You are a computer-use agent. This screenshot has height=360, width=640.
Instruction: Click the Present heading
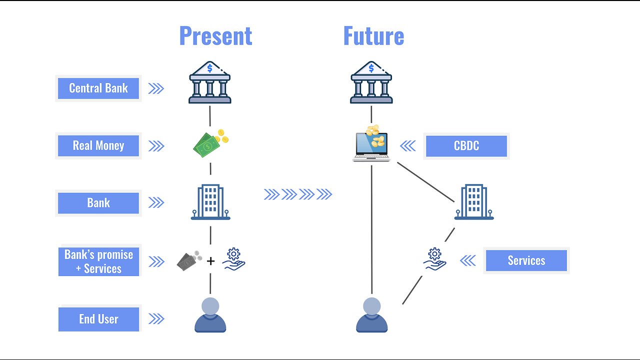[x=215, y=36]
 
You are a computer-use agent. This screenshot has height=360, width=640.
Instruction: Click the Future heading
[x=373, y=36]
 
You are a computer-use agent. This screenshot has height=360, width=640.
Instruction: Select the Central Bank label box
[x=98, y=88]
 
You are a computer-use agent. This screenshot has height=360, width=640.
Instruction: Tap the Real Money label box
[x=98, y=145]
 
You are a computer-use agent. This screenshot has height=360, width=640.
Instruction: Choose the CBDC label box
[x=466, y=146]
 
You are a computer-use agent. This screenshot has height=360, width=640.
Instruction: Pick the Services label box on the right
[x=526, y=260]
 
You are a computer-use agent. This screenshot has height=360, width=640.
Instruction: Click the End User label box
[x=98, y=319]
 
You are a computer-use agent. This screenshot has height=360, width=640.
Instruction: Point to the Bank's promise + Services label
[x=98, y=261]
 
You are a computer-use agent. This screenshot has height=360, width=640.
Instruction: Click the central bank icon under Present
[x=210, y=82]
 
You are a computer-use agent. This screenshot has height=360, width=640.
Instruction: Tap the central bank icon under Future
[x=371, y=82]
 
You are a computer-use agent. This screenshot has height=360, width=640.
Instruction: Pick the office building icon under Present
[x=210, y=202]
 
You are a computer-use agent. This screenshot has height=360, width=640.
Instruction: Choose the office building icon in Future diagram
[x=474, y=202]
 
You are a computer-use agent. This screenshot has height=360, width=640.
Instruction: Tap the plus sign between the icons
[x=211, y=261]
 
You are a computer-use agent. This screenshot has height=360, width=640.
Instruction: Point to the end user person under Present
[x=210, y=315]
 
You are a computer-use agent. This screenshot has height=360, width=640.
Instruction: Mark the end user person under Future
[x=372, y=315]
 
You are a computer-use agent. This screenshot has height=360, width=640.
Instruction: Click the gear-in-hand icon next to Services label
[x=434, y=259]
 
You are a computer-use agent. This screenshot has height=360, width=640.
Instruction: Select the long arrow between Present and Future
[x=298, y=194]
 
